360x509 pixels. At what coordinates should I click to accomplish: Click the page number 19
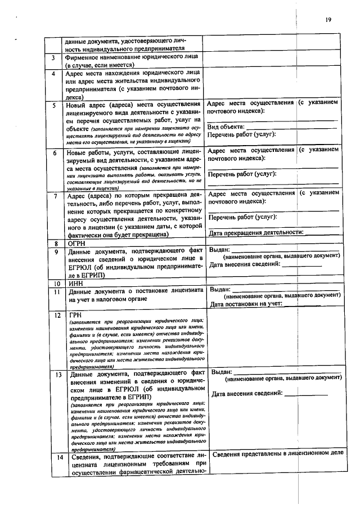pyautogui.click(x=328, y=20)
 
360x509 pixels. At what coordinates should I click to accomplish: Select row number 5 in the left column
pyautogui.click(x=54, y=105)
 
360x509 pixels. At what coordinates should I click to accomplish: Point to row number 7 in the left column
pyautogui.click(x=54, y=196)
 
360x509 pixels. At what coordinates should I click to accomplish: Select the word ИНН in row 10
pyautogui.click(x=76, y=283)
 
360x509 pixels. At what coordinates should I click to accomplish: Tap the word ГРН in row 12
pyautogui.click(x=76, y=315)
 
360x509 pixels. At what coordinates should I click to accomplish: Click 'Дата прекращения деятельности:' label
pyautogui.click(x=256, y=232)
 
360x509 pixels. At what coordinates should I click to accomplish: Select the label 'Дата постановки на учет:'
pyautogui.click(x=246, y=304)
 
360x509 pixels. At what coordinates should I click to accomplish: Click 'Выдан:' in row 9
pyautogui.click(x=219, y=250)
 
